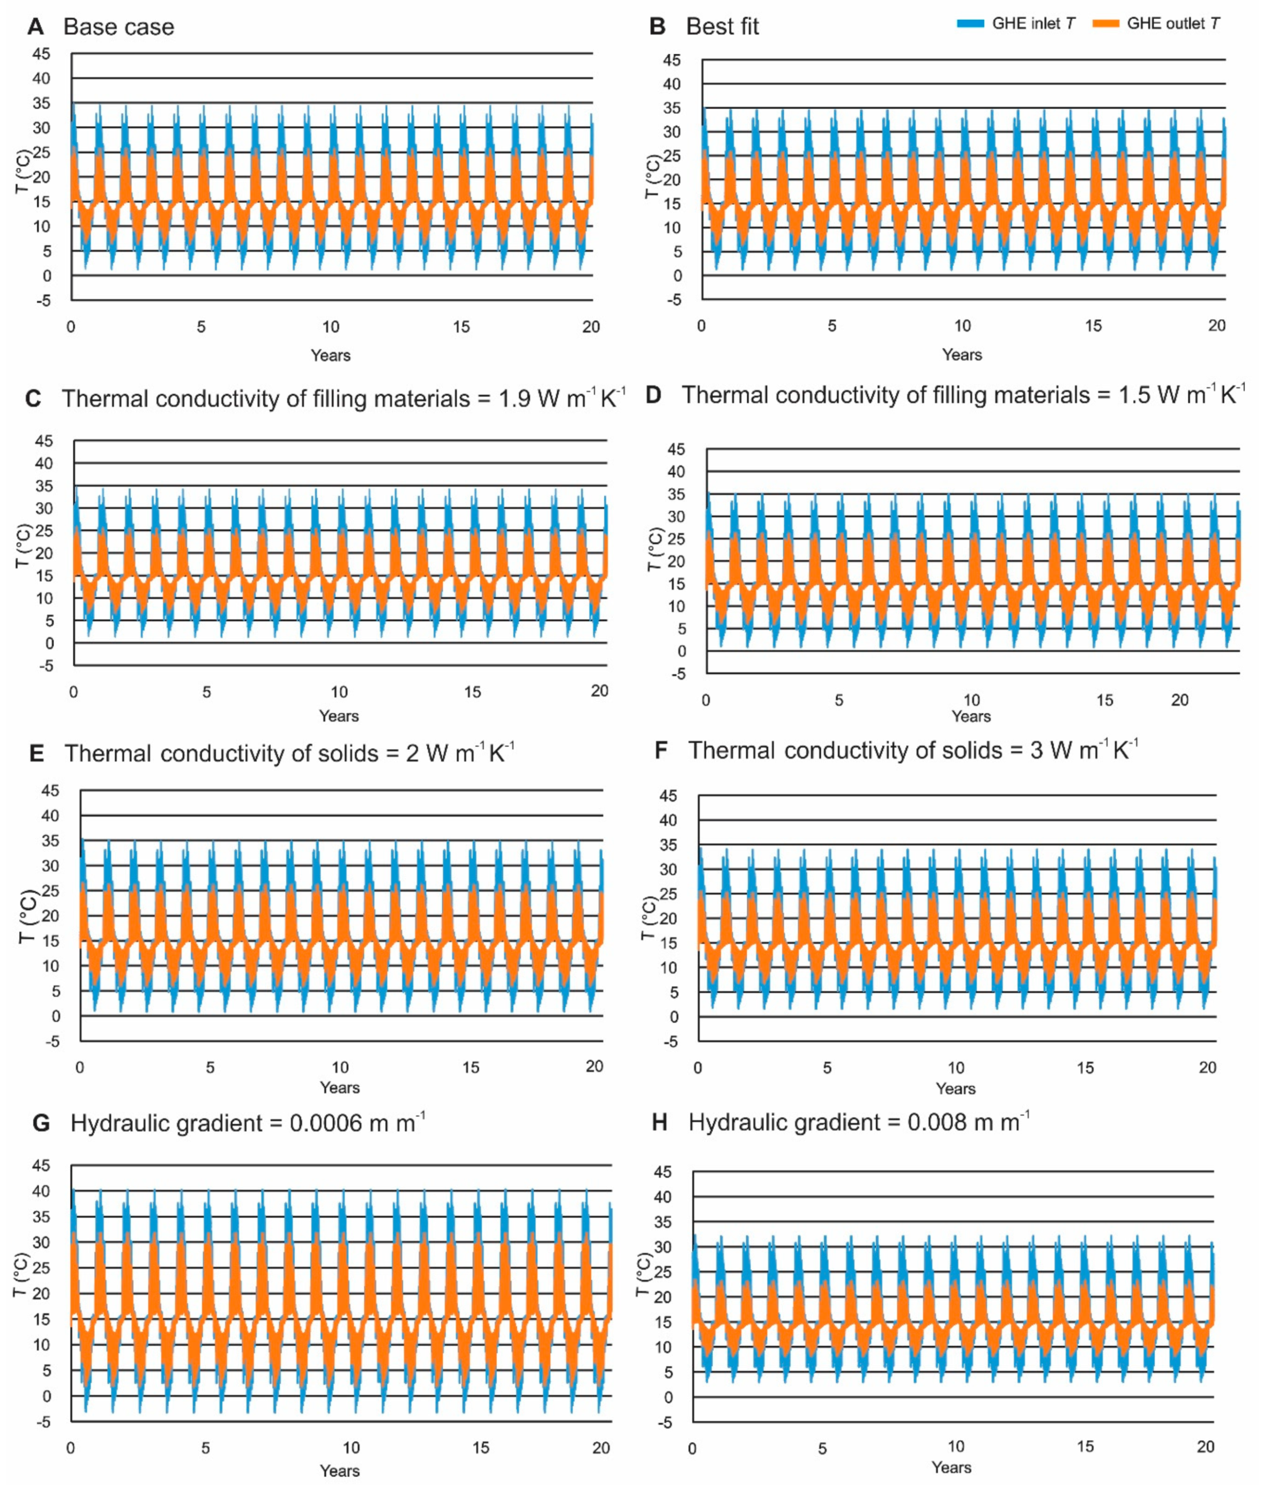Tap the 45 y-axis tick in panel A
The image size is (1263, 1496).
[42, 53]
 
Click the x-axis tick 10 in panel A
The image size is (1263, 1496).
[330, 327]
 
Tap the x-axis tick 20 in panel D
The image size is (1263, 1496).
[1179, 700]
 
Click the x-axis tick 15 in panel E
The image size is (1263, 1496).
[471, 1067]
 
